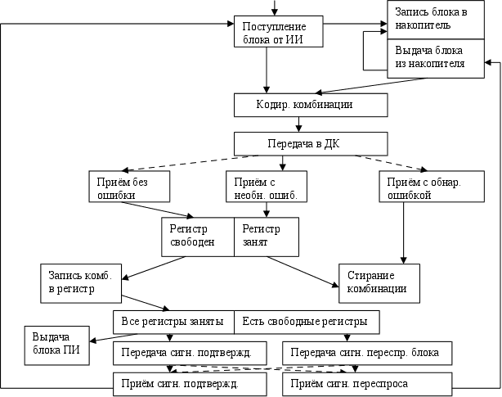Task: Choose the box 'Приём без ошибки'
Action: (128, 187)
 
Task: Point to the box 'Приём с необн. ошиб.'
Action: (266, 187)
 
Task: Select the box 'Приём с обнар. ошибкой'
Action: (419, 187)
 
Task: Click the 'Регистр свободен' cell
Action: (197, 236)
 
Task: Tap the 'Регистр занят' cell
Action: (266, 236)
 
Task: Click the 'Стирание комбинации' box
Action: (379, 282)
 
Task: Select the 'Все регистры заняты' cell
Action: (173, 321)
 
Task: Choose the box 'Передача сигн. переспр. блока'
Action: (366, 354)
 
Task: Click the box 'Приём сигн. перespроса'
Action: (366, 382)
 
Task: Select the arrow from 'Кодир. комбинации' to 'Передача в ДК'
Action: (299, 124)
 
